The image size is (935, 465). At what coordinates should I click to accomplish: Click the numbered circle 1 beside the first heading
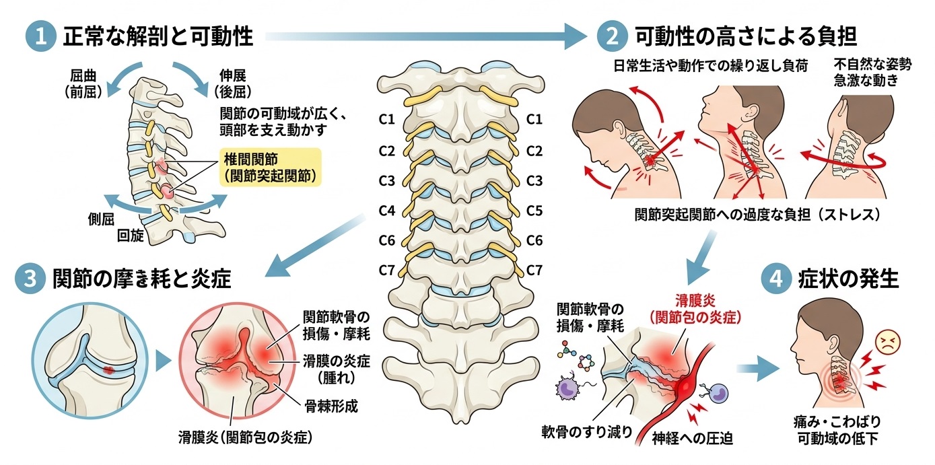pyautogui.click(x=41, y=36)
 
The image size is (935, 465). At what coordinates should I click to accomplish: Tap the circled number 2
pyautogui.click(x=613, y=36)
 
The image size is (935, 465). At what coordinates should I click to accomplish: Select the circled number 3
pyautogui.click(x=30, y=279)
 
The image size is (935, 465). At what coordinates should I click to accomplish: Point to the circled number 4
pyautogui.click(x=776, y=279)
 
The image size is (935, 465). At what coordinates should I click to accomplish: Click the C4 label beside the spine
pyautogui.click(x=387, y=211)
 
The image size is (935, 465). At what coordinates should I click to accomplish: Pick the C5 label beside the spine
pyautogui.click(x=534, y=211)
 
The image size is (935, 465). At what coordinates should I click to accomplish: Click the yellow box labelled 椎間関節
pyautogui.click(x=271, y=167)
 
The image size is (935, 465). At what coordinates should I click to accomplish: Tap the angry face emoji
pyautogui.click(x=887, y=343)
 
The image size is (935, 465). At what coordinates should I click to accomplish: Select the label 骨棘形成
pyautogui.click(x=331, y=406)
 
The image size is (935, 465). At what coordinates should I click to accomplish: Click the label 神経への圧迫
pyautogui.click(x=692, y=438)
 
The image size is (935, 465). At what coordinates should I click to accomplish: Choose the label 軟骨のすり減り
pyautogui.click(x=587, y=431)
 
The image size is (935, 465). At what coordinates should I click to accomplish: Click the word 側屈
pyautogui.click(x=101, y=219)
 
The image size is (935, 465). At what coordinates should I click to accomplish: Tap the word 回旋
pyautogui.click(x=130, y=236)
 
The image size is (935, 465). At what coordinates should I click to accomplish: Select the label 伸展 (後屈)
pyautogui.click(x=233, y=83)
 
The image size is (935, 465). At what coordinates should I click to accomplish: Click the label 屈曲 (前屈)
pyautogui.click(x=83, y=83)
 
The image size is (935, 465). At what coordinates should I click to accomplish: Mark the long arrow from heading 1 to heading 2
pyautogui.click(x=425, y=37)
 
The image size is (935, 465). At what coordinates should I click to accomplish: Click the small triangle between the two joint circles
pyautogui.click(x=163, y=361)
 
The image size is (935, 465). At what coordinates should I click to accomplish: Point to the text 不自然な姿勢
pyautogui.click(x=873, y=65)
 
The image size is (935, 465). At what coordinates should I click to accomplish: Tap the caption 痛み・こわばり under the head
pyautogui.click(x=837, y=422)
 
